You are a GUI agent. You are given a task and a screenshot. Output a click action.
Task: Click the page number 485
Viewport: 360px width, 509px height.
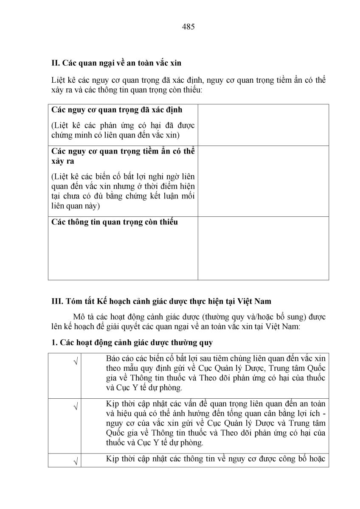coord(188,27)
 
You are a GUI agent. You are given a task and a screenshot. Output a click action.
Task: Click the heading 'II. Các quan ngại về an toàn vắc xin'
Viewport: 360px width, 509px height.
coord(116,63)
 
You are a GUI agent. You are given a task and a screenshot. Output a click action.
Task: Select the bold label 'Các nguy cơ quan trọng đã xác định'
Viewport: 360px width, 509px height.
coord(117,110)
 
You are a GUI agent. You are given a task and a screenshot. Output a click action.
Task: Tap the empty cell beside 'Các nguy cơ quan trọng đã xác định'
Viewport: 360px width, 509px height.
coord(263,125)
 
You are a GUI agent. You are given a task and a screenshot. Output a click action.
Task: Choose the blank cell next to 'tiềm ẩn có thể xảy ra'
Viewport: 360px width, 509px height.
coord(263,181)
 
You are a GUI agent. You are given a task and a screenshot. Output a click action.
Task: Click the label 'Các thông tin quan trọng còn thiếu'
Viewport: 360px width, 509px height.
coord(115,222)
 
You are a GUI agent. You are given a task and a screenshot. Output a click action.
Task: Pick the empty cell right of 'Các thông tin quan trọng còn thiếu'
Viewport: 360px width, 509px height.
coord(263,248)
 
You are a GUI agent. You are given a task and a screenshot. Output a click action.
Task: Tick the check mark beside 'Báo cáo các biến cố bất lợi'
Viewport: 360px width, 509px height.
coord(76,362)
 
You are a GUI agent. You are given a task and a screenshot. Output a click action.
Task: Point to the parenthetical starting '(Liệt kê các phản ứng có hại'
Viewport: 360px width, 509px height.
coord(123,130)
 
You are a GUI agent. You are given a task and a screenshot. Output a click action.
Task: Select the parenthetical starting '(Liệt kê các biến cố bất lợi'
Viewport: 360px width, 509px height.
coord(123,191)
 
